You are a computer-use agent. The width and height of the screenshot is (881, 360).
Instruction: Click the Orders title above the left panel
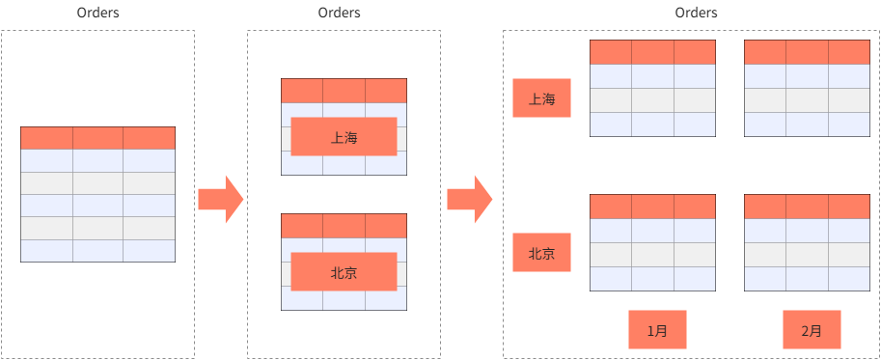97,14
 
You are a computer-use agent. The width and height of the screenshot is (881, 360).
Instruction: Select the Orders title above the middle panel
339,14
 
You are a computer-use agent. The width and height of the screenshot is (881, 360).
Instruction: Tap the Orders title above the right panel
697,14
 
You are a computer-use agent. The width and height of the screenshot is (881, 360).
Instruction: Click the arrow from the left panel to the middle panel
221,199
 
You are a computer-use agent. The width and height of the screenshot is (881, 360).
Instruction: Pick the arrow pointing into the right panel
470,199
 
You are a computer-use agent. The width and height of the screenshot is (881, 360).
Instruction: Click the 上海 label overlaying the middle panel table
344,137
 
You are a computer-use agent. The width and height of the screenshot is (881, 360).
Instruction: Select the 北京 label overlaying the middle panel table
344,272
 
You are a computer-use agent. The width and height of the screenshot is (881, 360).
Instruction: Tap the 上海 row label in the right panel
541,98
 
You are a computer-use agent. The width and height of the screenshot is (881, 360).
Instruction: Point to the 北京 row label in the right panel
541,254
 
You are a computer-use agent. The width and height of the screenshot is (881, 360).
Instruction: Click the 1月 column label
656,330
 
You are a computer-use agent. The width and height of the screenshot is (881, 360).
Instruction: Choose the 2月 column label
812,330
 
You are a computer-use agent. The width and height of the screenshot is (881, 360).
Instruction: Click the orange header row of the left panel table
97,138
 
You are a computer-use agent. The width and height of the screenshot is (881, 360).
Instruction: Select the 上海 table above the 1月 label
652,89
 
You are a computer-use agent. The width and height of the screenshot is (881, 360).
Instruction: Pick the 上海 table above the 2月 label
808,89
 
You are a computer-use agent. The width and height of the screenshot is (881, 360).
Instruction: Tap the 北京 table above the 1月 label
652,243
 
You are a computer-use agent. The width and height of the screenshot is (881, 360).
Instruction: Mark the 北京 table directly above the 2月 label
808,243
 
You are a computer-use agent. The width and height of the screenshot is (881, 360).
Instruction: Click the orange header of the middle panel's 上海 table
344,91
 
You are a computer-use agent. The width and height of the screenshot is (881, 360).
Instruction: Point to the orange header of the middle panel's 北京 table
344,226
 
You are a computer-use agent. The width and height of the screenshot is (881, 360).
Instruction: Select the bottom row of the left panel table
97,251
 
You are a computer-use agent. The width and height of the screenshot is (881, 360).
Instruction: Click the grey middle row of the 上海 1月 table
652,100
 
